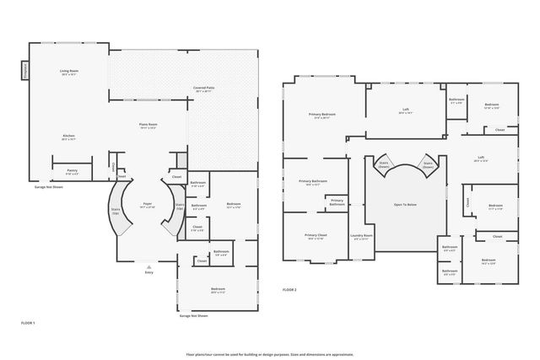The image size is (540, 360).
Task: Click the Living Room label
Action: [68, 72]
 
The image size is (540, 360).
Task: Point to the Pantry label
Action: [73, 171]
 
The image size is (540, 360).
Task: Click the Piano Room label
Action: [148, 126]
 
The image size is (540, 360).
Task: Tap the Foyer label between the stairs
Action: [147, 204]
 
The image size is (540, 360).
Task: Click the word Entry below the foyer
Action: [149, 272]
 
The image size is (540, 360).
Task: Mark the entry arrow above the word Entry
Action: [149, 265]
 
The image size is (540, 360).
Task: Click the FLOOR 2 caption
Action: [289, 290]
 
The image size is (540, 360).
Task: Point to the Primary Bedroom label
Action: [322, 114]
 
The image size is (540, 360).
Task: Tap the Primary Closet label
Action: [316, 237]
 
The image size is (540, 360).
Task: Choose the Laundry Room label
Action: [363, 237]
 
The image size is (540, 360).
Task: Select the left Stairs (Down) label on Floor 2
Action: [384, 164]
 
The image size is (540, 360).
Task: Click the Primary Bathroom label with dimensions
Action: [313, 182]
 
